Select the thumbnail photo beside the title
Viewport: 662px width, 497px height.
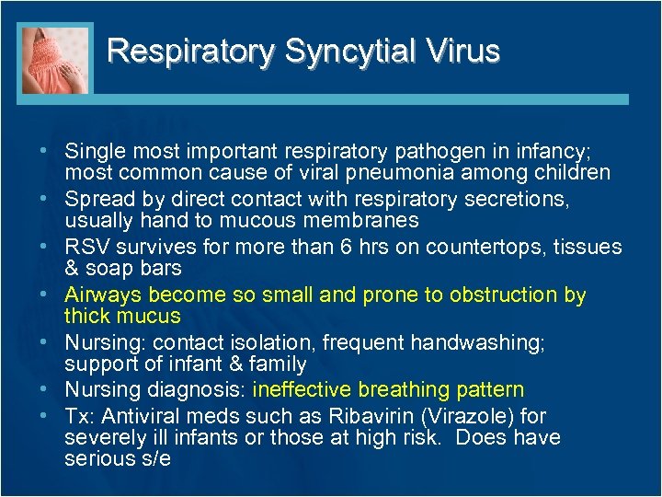pos(56,60)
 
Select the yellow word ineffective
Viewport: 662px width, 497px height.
pos(302,390)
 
